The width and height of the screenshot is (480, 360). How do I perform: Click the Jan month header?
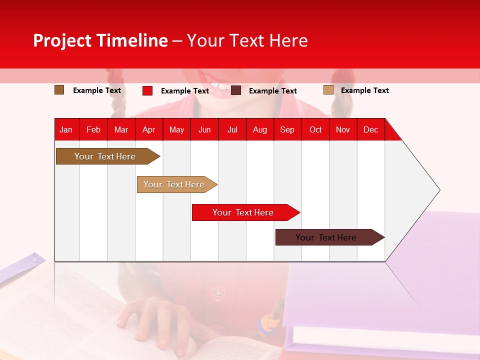tap(66, 130)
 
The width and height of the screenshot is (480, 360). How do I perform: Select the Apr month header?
tap(149, 130)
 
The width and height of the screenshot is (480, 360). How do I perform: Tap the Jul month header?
tap(232, 130)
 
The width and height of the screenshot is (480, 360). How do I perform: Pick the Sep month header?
tap(287, 130)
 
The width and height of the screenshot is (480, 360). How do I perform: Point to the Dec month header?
tap(370, 130)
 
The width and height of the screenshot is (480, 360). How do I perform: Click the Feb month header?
tap(93, 130)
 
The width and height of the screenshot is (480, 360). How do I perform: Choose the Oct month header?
tap(315, 130)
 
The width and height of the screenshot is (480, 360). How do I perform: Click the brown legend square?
tap(59, 90)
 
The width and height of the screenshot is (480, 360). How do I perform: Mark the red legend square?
tap(147, 90)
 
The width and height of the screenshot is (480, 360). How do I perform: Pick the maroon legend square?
tap(236, 90)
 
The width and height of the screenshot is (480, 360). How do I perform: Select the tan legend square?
tap(328, 90)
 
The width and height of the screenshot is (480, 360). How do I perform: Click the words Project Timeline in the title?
tap(100, 40)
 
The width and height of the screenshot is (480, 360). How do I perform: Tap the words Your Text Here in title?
tap(247, 40)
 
